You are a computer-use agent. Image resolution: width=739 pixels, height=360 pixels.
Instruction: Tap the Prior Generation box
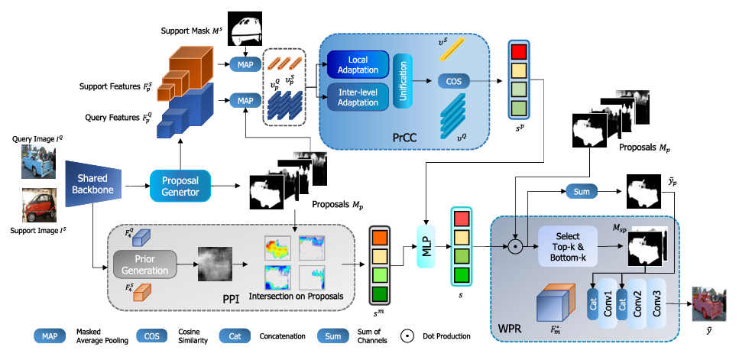145,264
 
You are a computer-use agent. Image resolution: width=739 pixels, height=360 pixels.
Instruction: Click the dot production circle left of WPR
516,246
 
